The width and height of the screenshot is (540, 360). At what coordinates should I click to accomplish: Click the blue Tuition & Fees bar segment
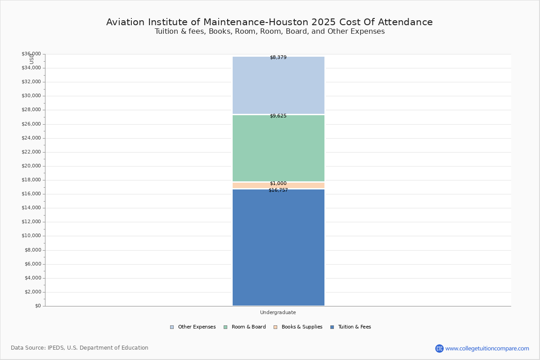278,247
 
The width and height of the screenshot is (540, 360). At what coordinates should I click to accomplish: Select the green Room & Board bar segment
278,148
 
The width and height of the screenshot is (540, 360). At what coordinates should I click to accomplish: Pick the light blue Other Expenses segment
278,85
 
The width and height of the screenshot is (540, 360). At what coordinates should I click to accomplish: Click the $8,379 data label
278,58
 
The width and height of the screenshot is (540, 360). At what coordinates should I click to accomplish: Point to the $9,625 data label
278,116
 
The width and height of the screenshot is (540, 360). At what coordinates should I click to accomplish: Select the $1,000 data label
278,184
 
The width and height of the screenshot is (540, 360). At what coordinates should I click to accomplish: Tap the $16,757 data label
278,190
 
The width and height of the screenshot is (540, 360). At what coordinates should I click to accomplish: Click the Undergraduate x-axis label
278,312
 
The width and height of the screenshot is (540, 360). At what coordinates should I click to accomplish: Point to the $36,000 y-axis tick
31,54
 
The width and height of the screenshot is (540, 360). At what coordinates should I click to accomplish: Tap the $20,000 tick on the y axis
31,166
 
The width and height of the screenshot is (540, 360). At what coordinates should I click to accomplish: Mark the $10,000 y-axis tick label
31,236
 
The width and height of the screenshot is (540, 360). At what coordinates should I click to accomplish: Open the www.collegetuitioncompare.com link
487,348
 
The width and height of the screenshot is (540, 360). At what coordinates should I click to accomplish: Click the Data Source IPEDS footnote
80,348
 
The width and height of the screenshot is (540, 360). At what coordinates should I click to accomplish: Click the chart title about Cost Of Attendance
270,22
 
